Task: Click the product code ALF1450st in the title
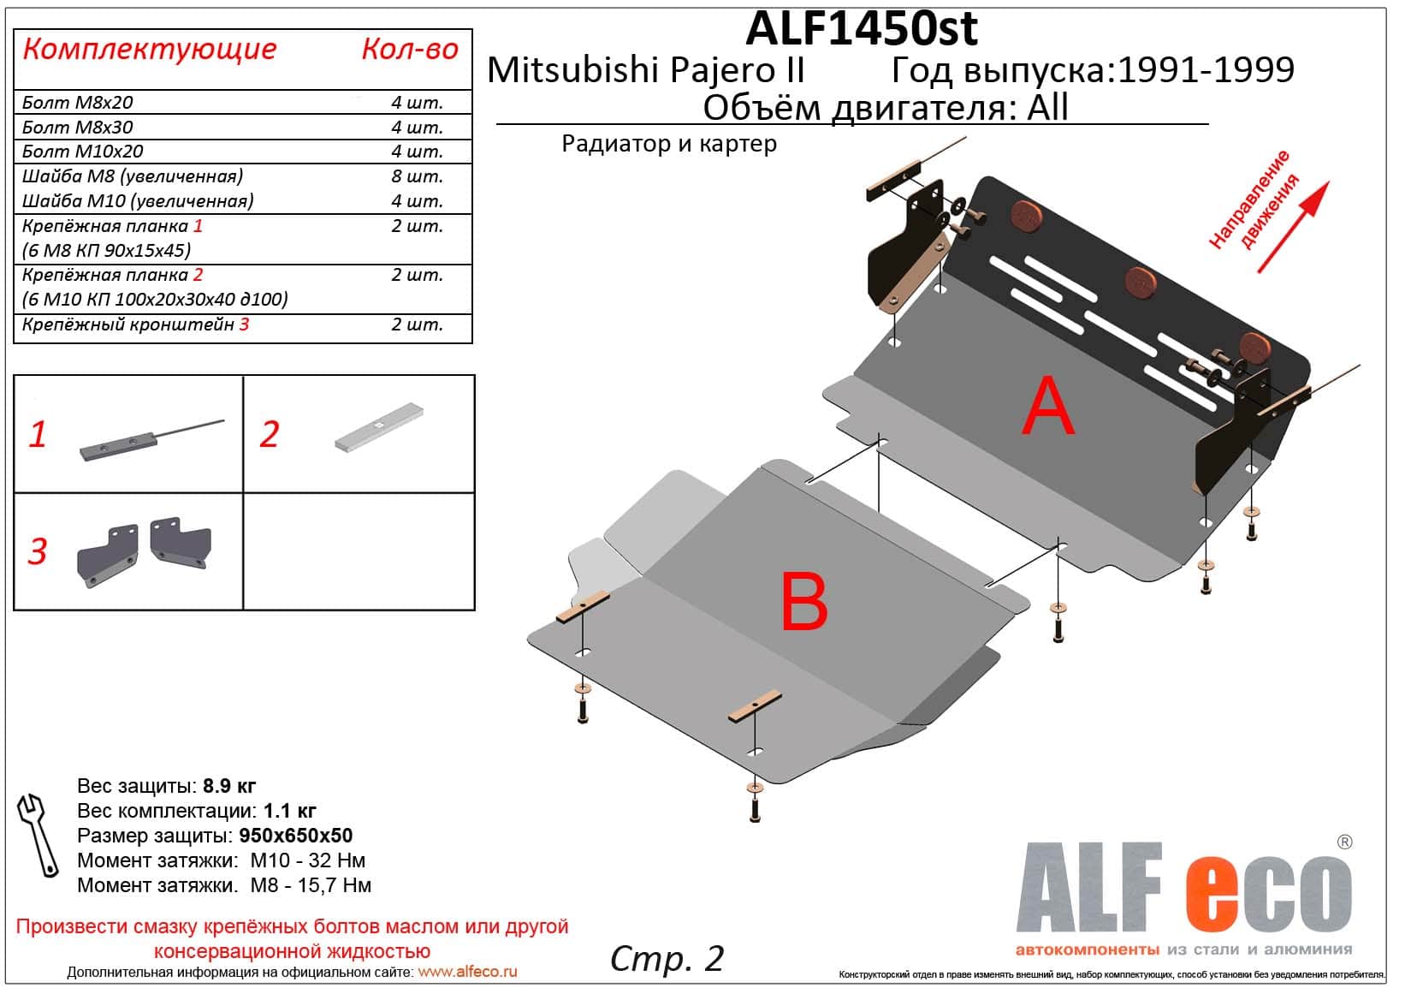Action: (x=861, y=29)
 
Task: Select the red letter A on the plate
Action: (x=1048, y=406)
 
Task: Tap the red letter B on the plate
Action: (x=804, y=601)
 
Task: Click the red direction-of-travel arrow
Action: (x=1294, y=227)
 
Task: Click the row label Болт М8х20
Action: (x=77, y=103)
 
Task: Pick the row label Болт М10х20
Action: (x=82, y=152)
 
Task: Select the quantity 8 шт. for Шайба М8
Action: (x=417, y=176)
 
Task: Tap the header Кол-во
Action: (x=410, y=49)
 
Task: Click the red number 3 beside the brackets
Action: (x=37, y=551)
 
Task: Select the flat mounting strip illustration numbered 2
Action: (x=379, y=427)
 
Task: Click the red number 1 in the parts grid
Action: (x=37, y=434)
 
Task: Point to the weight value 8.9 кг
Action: (x=229, y=786)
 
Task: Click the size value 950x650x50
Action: (x=295, y=836)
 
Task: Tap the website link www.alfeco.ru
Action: (x=467, y=972)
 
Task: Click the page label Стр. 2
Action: (x=667, y=959)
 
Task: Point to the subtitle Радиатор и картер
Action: (x=669, y=145)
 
